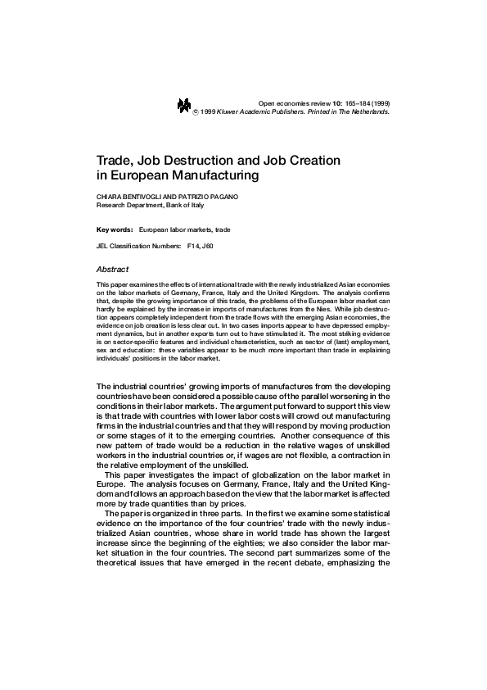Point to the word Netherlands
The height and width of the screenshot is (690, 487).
(370, 111)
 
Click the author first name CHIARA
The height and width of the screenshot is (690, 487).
(109, 198)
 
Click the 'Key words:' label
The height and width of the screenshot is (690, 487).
(114, 230)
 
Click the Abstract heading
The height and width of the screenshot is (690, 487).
(113, 268)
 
